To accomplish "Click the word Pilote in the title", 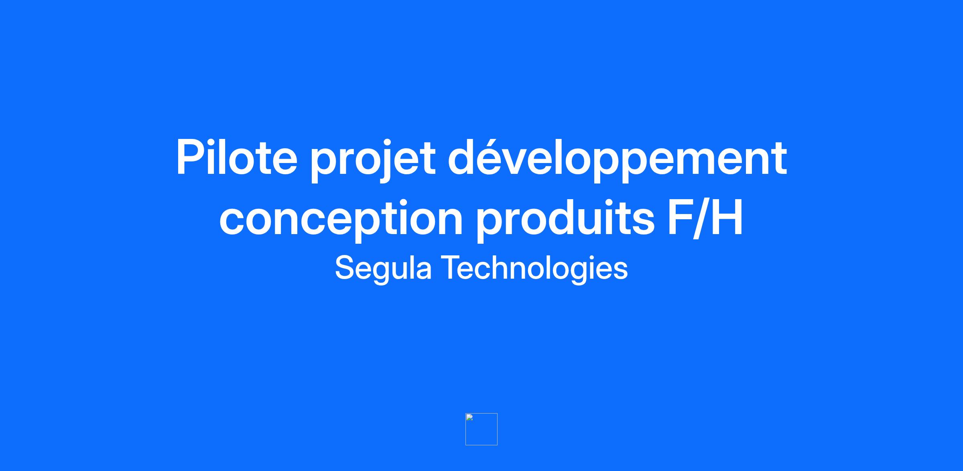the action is tap(237, 157).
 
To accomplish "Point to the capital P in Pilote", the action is tap(191, 157).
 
